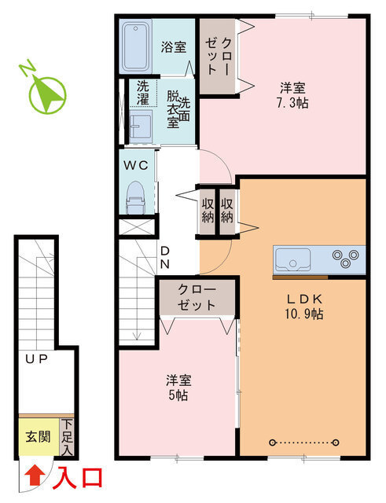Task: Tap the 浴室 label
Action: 175,47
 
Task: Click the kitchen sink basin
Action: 293,258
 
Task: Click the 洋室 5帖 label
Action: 178,387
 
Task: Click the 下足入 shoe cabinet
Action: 68,438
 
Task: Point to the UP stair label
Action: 36,359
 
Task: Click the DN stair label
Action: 166,258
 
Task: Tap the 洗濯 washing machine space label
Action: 142,93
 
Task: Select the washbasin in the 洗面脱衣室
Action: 142,124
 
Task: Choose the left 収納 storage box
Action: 208,210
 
